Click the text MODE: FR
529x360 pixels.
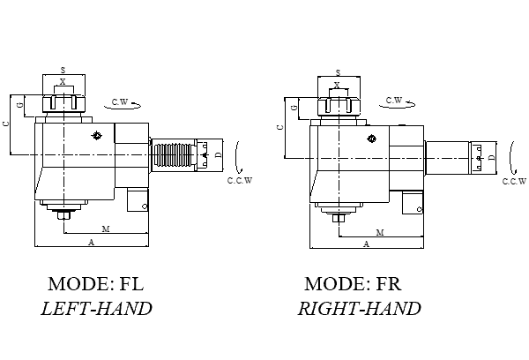pos(352,284)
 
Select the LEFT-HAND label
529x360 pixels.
pos(96,309)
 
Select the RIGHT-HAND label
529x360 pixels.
pos(358,309)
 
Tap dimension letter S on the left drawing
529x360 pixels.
pos(63,69)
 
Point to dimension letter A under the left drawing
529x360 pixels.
pos(92,241)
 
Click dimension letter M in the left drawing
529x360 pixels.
pos(105,229)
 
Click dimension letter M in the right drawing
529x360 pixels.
pos(380,232)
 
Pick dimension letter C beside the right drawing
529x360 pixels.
pos(279,128)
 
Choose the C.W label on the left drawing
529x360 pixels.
pos(120,103)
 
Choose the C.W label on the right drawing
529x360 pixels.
pos(395,101)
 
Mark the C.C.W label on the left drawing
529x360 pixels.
pos(240,181)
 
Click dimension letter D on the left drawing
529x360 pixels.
pos(217,155)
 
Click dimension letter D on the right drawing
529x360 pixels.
pos(490,157)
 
